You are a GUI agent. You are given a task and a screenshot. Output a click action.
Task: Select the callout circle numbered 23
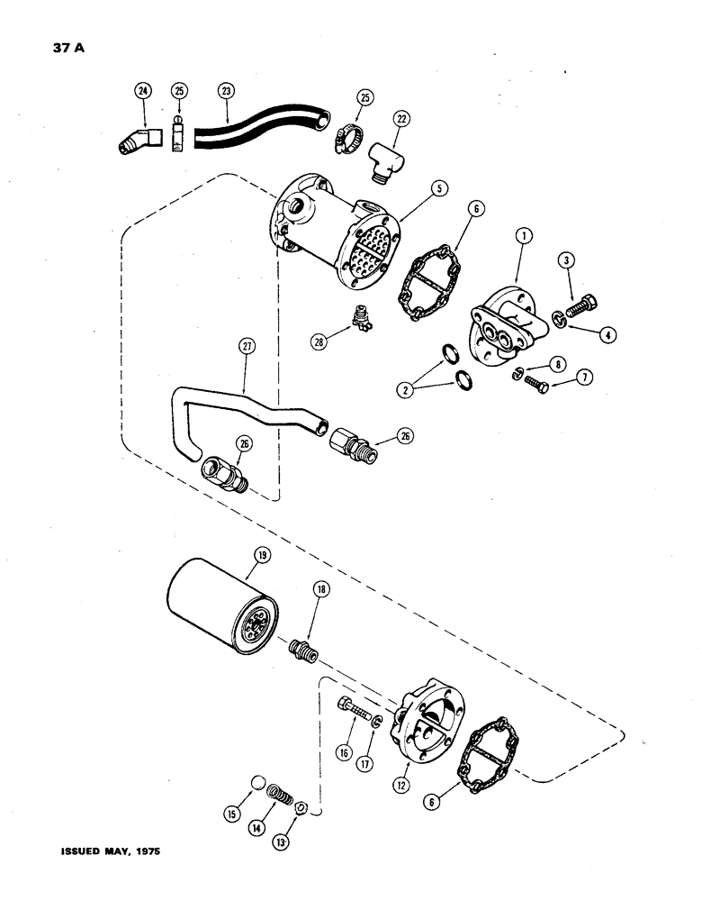225,90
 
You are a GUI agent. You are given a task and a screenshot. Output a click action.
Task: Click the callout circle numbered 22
400,118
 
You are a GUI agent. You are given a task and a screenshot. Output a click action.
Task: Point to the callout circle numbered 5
436,189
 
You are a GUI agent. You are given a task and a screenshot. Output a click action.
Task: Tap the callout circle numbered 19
261,556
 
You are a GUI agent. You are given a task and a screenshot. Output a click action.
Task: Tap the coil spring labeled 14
281,798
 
